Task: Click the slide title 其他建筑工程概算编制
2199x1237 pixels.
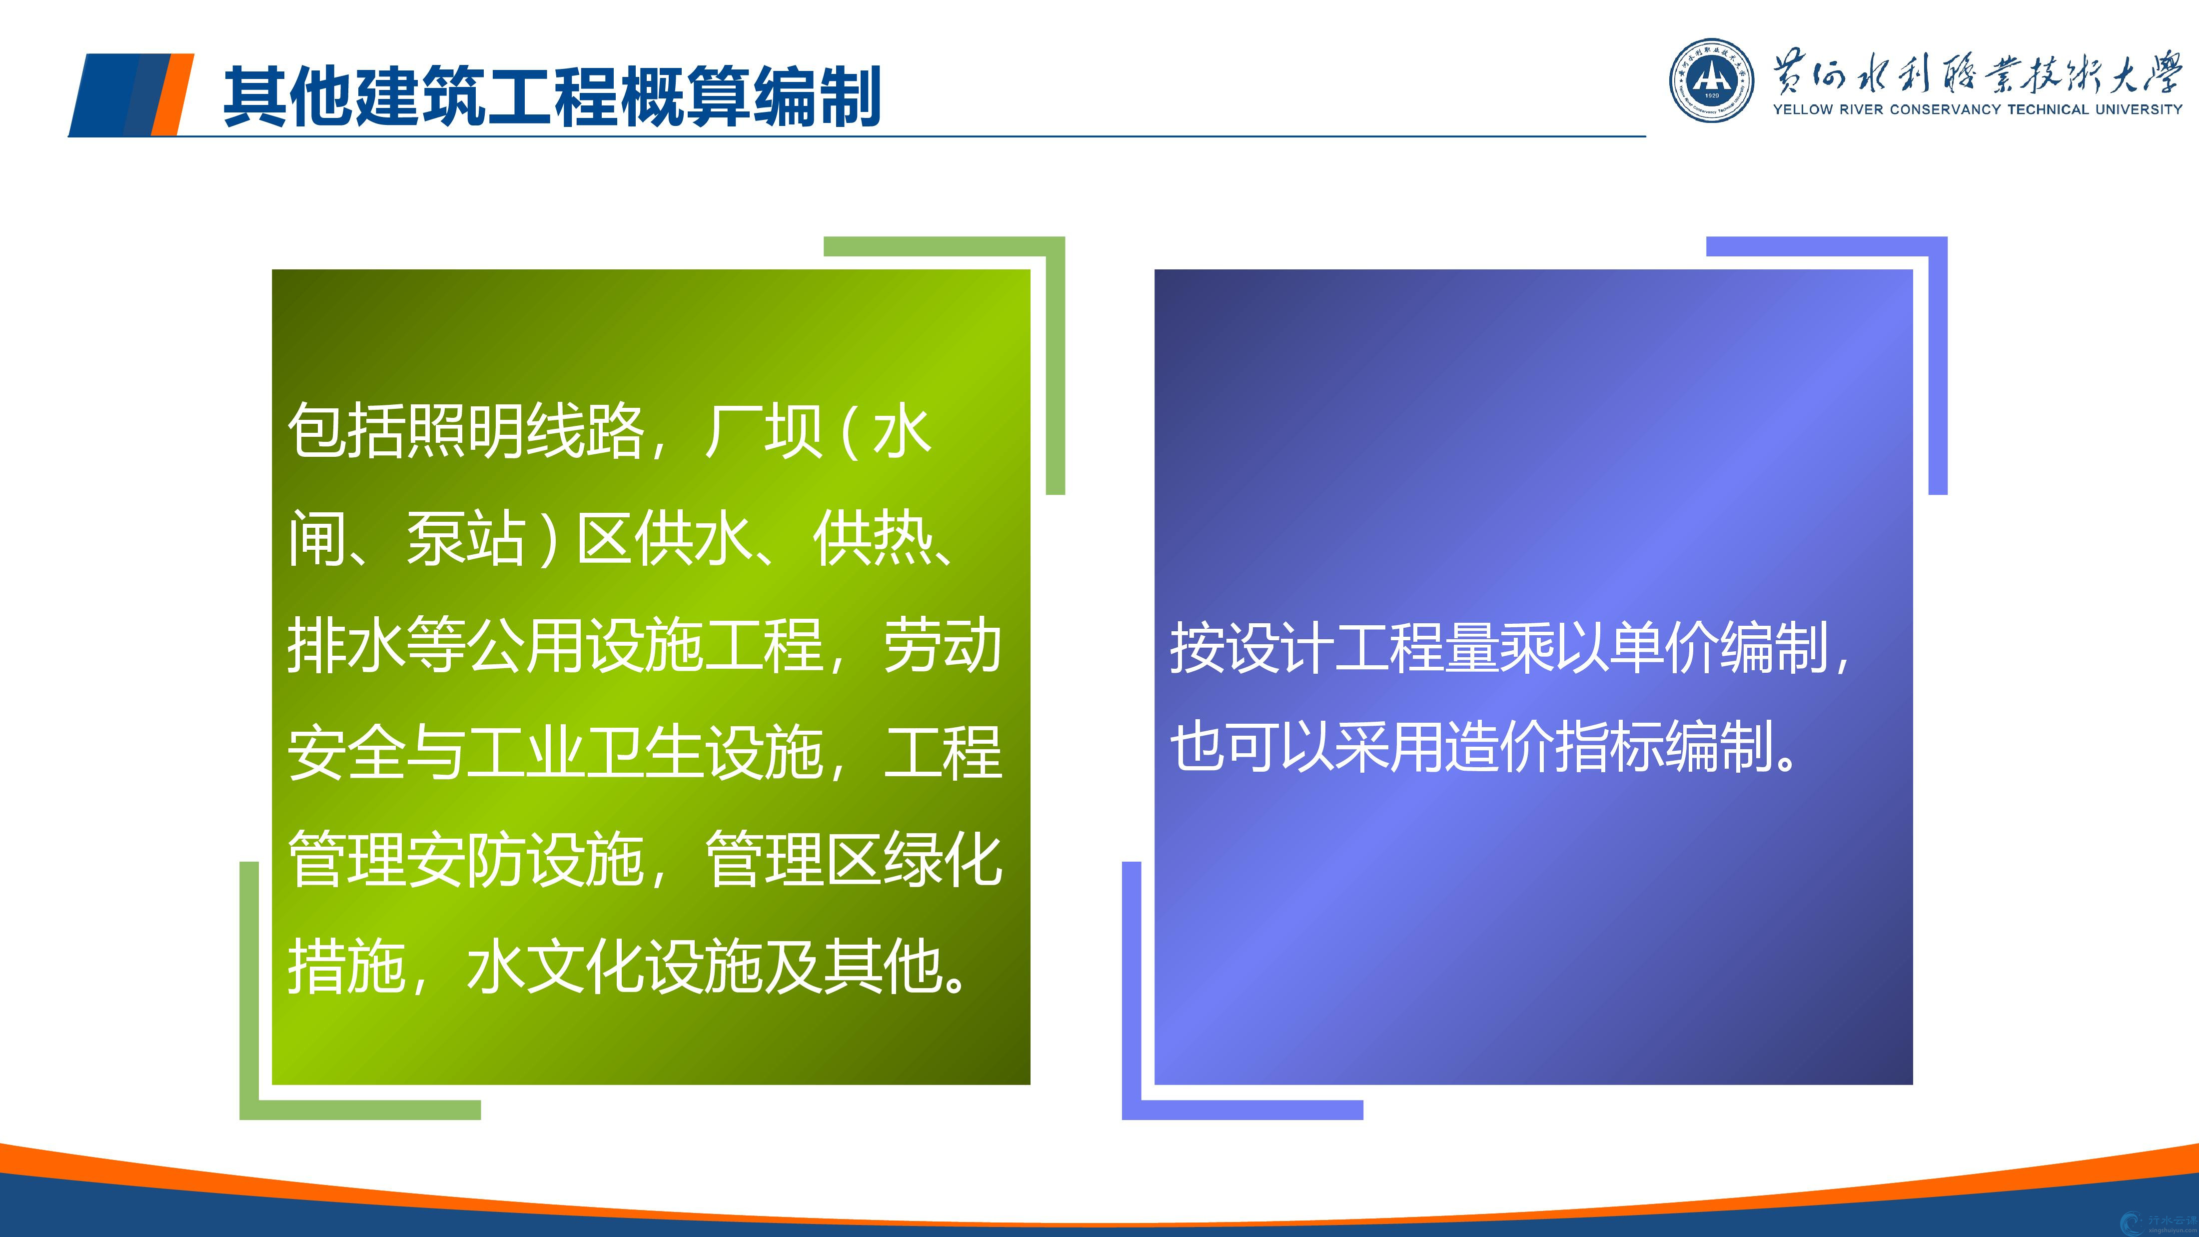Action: (x=551, y=96)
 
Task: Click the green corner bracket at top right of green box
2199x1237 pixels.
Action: (x=1055, y=247)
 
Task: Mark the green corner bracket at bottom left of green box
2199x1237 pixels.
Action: (x=249, y=1109)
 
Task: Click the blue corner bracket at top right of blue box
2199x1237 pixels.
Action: (x=1938, y=247)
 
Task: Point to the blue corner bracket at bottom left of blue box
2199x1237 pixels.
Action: (x=1132, y=1109)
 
